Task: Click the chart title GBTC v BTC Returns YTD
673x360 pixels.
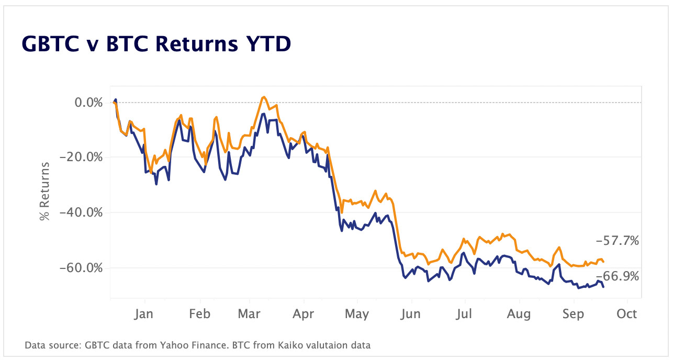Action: point(156,44)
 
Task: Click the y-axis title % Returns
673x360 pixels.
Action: point(46,191)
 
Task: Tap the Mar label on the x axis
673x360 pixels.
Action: point(250,314)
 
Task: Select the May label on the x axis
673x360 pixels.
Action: point(356,314)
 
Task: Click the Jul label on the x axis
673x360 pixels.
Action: point(464,314)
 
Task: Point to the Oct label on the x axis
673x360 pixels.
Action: point(627,314)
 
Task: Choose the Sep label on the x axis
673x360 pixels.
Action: point(574,314)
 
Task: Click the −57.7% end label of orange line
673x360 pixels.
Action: point(618,241)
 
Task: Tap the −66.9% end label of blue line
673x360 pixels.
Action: point(618,277)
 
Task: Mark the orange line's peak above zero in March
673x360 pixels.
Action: point(263,97)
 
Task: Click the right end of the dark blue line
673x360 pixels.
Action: point(603,287)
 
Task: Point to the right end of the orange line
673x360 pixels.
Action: point(603,262)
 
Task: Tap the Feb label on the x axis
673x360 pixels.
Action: point(199,314)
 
